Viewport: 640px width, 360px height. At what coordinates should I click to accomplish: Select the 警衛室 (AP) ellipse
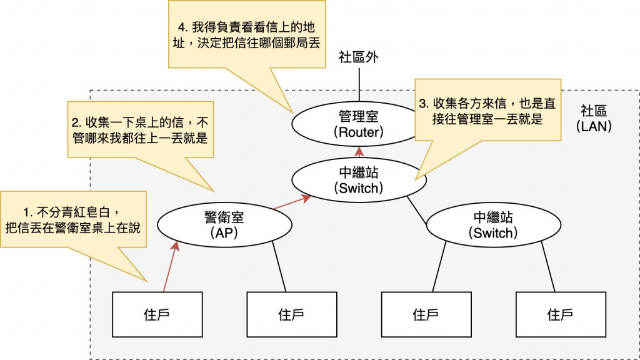pos(224,225)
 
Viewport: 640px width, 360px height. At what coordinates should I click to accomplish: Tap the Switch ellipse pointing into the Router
pos(359,181)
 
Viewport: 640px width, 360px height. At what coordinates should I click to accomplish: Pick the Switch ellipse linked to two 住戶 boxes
pos(494,225)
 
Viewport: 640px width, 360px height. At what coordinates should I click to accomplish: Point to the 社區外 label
pos(358,57)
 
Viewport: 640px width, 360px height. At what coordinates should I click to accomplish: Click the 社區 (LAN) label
pos(594,118)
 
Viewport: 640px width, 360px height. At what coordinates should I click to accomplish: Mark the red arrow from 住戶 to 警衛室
pos(171,266)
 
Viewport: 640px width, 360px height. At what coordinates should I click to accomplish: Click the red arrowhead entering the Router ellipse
pos(359,152)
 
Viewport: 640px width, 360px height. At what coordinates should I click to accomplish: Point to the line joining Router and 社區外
pos(359,84)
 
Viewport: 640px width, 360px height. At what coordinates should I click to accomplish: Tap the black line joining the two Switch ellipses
pos(417,210)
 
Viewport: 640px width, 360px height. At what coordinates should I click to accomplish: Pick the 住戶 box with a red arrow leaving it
pos(157,314)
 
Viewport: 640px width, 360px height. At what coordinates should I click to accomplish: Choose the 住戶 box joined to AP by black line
pos(292,314)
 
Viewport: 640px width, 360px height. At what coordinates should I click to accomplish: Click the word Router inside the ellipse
pos(359,132)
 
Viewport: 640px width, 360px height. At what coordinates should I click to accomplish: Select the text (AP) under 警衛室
pos(224,233)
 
